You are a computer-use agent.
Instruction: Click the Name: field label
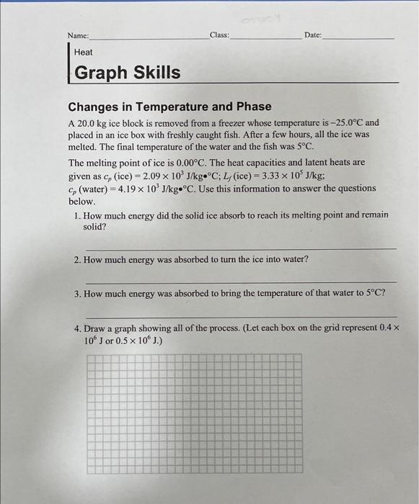coord(78,35)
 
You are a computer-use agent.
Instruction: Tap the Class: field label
coord(219,35)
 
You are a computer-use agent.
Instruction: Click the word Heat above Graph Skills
coord(84,53)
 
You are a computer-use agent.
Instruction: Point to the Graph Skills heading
coord(128,73)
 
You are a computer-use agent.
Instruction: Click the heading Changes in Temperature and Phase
coord(170,107)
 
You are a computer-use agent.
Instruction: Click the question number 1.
coord(77,215)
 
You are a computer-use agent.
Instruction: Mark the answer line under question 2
coord(241,282)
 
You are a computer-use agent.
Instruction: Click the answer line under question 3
coord(241,316)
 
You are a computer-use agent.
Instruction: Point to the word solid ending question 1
coord(94,226)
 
